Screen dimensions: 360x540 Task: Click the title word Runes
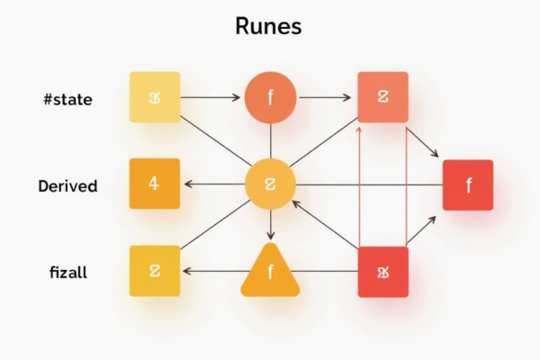coord(268,26)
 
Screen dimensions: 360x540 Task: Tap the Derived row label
coord(67,186)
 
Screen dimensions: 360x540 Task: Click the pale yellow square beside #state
coord(155,96)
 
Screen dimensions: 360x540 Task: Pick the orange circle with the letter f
coord(270,96)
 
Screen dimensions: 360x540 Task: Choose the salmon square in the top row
coord(382,96)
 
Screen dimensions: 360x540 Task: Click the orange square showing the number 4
coord(155,184)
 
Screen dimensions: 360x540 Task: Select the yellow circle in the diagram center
coord(270,184)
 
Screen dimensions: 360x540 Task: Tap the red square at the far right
coord(468,184)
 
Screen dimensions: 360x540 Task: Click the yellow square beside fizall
coord(155,271)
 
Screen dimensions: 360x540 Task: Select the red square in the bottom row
coord(382,271)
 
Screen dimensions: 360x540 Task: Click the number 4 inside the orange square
coord(154,184)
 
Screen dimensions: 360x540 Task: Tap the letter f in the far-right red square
coord(468,185)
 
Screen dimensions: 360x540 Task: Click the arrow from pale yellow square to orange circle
coord(212,96)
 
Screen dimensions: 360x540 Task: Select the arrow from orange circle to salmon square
coord(326,96)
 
